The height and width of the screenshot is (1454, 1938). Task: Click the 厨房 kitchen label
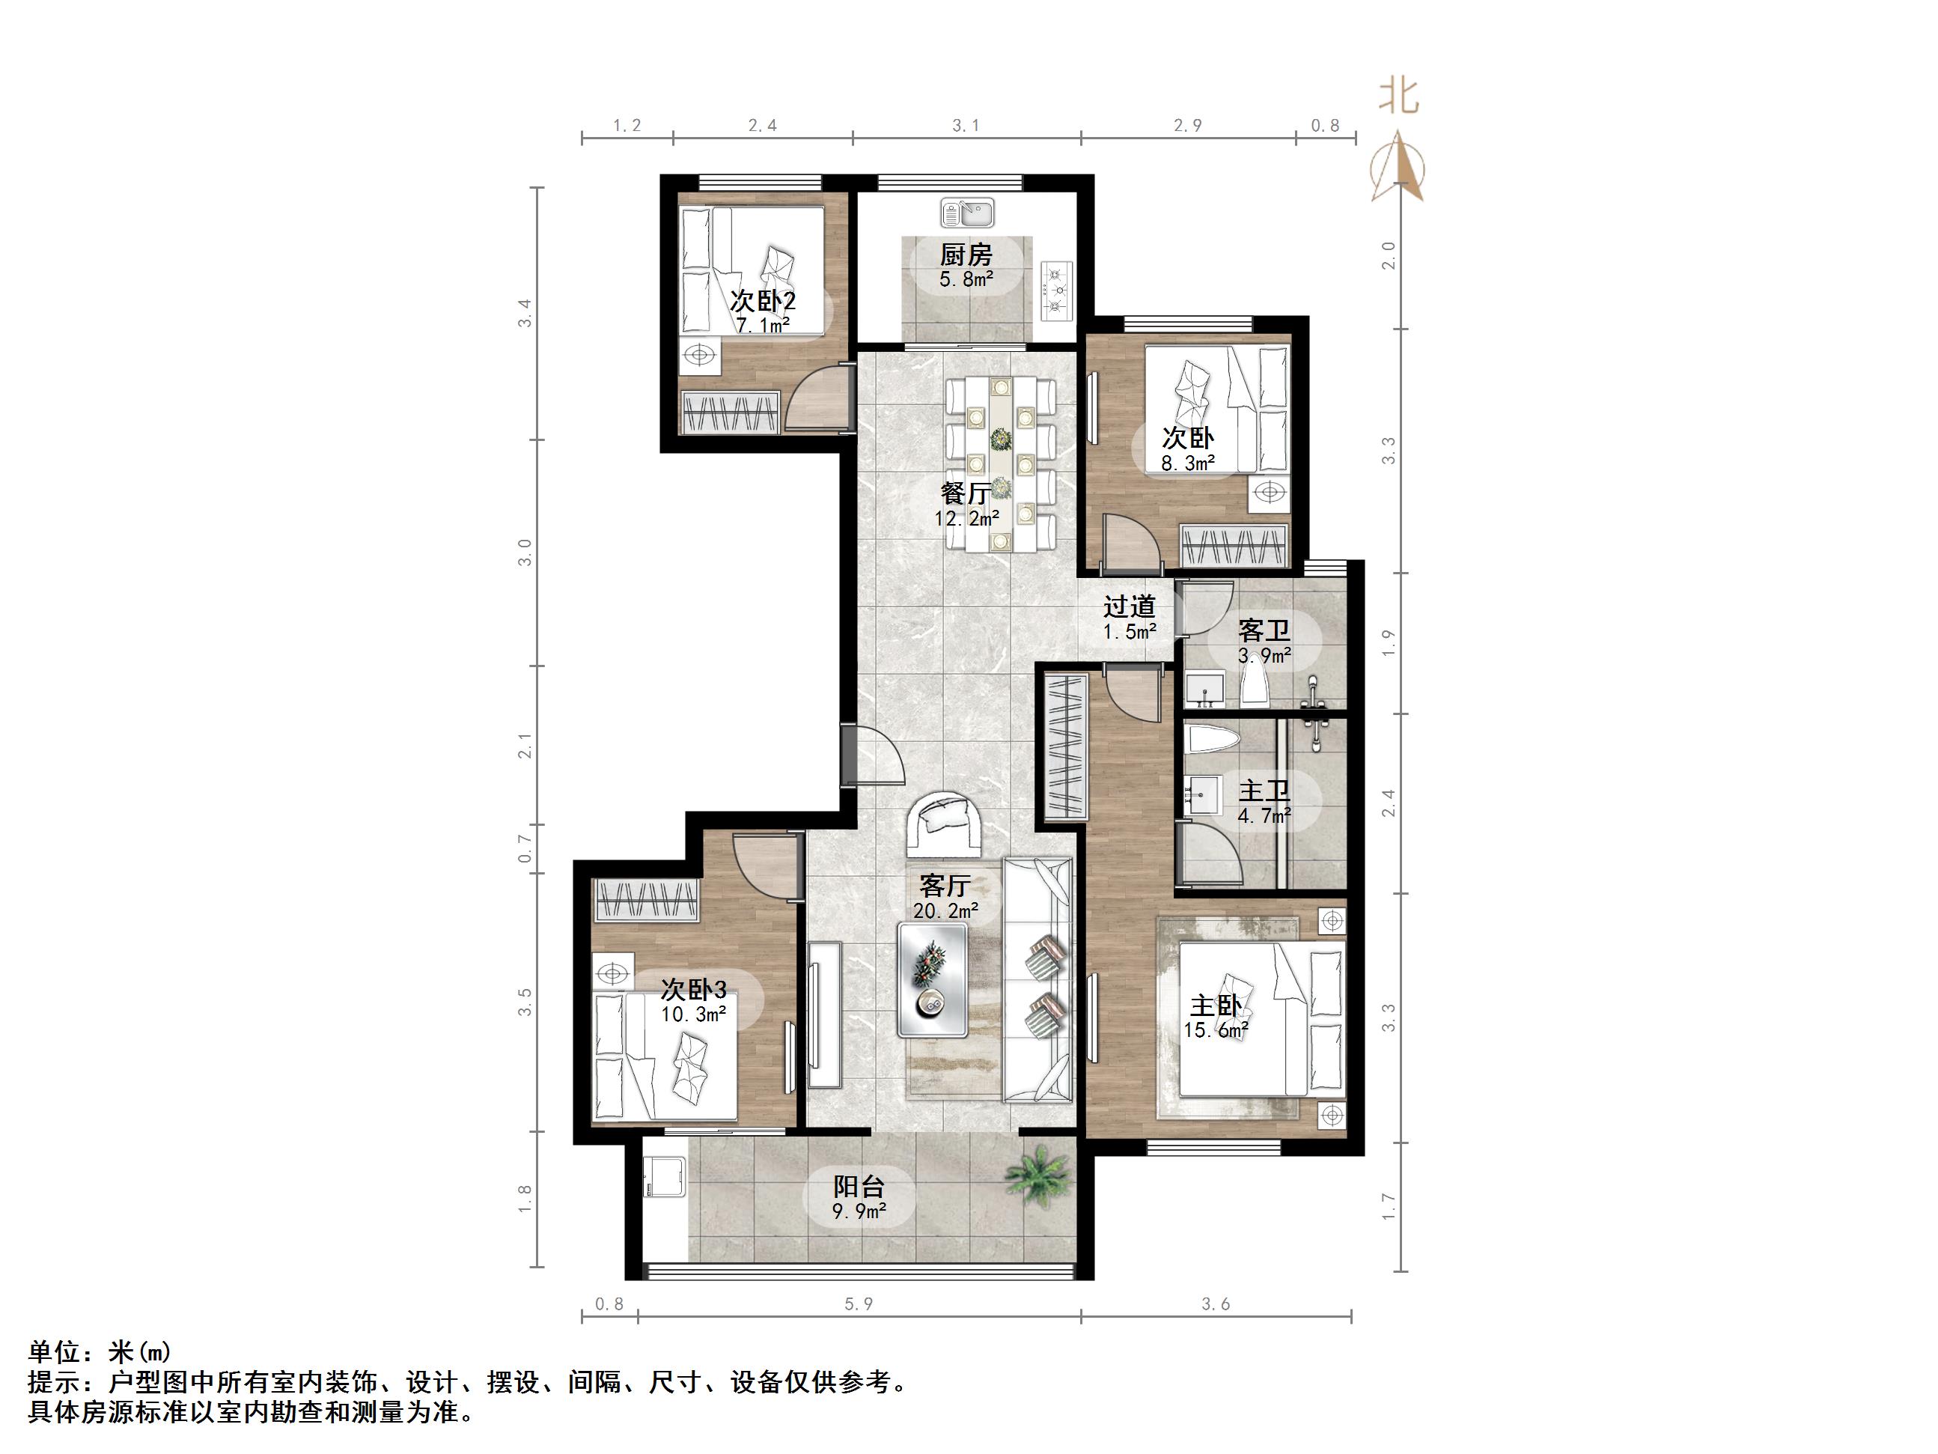pos(966,255)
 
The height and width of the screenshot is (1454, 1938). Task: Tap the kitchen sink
pos(966,212)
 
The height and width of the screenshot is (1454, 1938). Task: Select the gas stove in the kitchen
pos(1057,288)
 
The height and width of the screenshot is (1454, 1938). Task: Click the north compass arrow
pos(1398,166)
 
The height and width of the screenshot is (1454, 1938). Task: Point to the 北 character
pos(1398,96)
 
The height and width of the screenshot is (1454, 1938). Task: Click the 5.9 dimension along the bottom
pos(859,1304)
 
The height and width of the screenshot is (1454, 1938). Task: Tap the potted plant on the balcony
pos(1037,1172)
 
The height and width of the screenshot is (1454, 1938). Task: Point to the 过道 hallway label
pos(1129,606)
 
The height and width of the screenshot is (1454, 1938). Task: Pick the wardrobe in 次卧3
pos(647,899)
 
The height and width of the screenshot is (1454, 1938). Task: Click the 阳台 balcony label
pos(859,1187)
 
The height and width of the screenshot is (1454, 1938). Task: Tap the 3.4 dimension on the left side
pos(525,313)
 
